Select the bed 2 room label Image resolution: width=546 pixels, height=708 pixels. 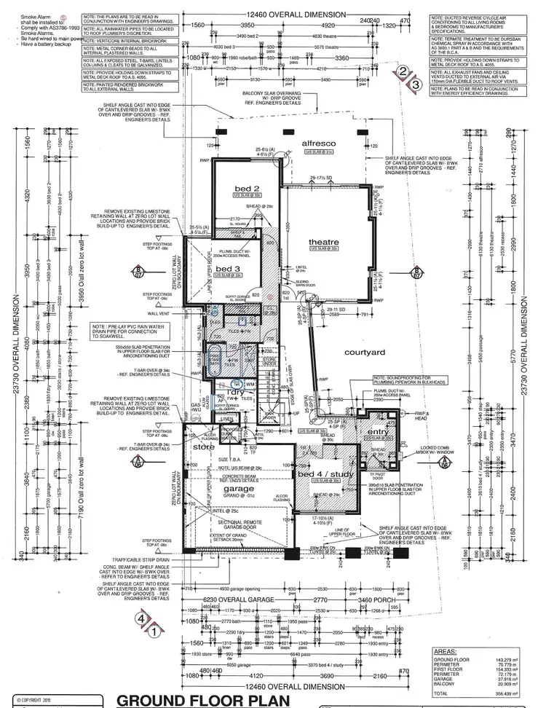pyautogui.click(x=247, y=189)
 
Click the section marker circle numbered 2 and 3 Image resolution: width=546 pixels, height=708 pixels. pyautogui.click(x=408, y=78)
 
